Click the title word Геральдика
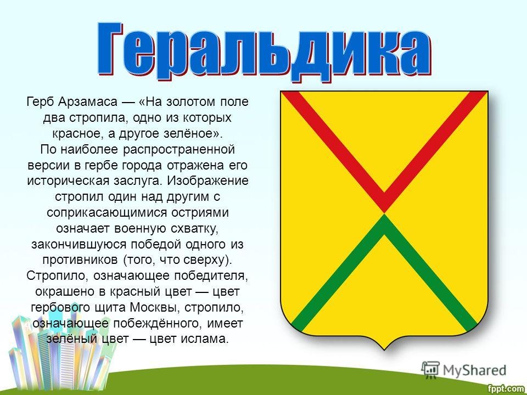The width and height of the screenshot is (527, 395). pos(264,51)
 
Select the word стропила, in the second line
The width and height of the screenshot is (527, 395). pos(99,117)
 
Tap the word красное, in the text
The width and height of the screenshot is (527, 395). pos(78,133)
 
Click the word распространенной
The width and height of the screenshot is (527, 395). pos(179,149)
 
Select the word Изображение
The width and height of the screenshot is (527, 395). pos(208,180)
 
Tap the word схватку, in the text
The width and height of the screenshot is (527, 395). pos(195,228)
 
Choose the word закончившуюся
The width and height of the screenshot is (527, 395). pos(80,244)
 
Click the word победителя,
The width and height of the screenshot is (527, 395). pos(211,276)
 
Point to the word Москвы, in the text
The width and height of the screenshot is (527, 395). pos(155,307)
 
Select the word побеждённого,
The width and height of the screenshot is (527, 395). pos(158,324)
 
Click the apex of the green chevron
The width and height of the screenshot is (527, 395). pos(384,215)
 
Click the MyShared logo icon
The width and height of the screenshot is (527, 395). pos(430,370)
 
